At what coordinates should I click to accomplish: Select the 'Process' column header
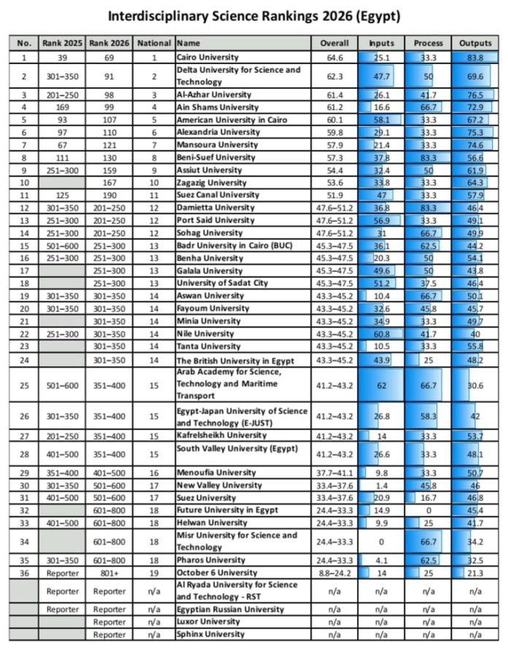(x=428, y=43)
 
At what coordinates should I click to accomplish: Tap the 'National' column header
(x=154, y=43)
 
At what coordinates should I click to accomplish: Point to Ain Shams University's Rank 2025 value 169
(x=63, y=107)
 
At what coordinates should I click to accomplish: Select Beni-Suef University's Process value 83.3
(x=428, y=158)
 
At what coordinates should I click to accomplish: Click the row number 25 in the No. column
(x=25, y=384)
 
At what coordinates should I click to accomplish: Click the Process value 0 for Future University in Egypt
(x=428, y=509)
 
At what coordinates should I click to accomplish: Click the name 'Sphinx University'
(x=210, y=634)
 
